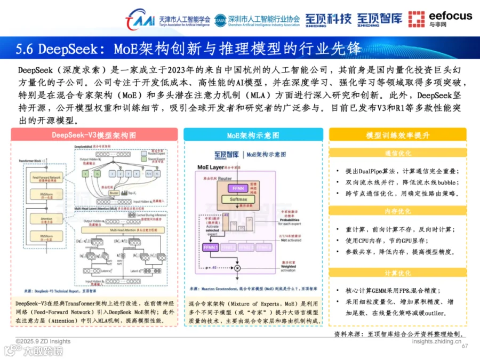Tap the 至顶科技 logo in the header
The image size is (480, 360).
(328, 19)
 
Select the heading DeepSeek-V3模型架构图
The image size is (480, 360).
(93, 135)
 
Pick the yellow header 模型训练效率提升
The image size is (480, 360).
(397, 135)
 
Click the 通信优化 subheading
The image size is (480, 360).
(397, 154)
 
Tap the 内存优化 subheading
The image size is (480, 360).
(397, 211)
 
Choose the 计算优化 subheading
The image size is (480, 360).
(397, 273)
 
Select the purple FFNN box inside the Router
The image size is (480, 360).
(236, 188)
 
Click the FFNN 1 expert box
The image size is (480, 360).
(210, 247)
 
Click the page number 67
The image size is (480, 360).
(464, 346)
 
